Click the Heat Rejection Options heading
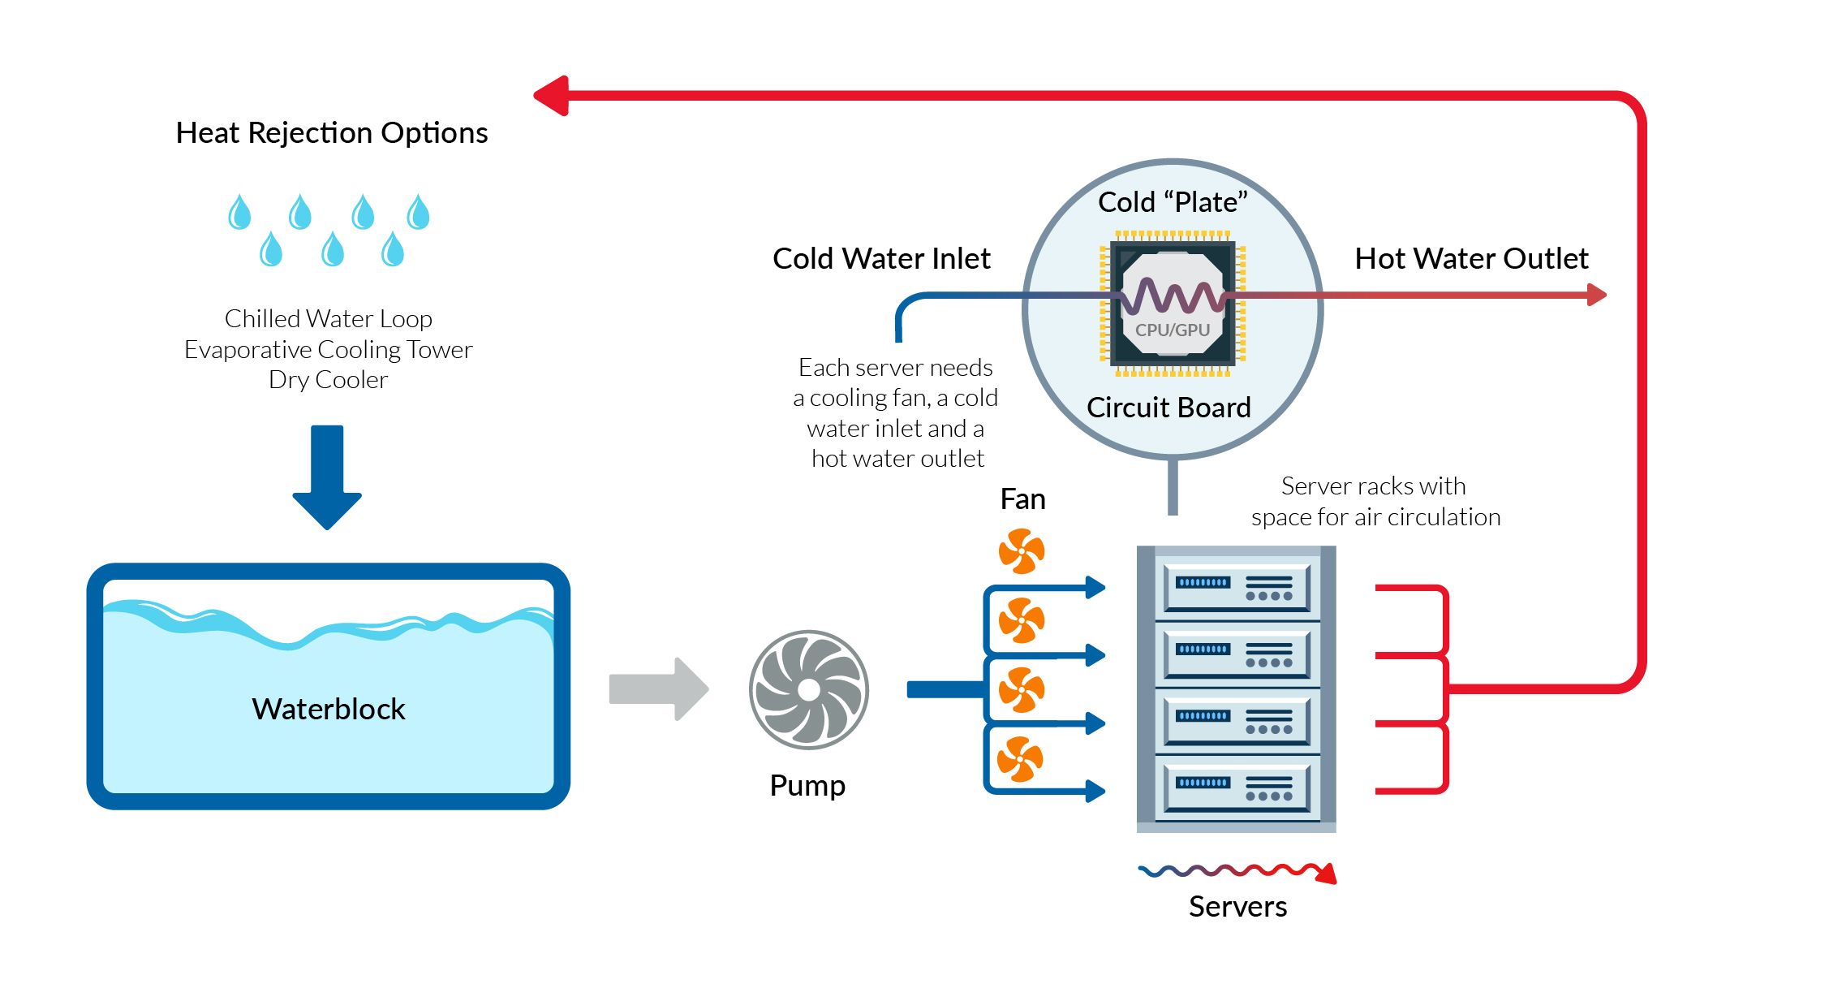(331, 133)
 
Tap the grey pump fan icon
(808, 689)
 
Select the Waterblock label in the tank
(328, 709)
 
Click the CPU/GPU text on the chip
(1172, 330)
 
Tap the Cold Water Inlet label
(881, 259)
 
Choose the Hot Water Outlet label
(1470, 259)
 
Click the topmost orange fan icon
(1021, 551)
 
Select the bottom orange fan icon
(1020, 759)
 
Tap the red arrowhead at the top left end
(552, 96)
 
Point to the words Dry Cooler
(328, 380)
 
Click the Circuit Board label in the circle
(1168, 408)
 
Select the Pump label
(807, 786)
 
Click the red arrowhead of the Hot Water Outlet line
(1595, 295)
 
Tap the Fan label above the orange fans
(1022, 499)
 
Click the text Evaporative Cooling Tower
(328, 350)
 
